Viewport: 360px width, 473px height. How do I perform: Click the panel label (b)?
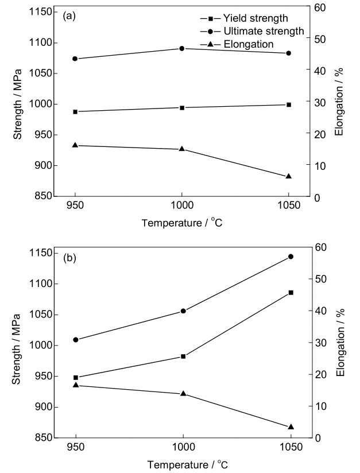(69, 258)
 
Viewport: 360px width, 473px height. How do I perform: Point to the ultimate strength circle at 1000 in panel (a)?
(182, 48)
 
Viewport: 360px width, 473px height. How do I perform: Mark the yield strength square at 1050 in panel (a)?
(289, 104)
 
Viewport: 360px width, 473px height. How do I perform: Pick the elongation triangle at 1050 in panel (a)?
(289, 176)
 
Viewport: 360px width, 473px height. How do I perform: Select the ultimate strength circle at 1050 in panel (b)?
(291, 257)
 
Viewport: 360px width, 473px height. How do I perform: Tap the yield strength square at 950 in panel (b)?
(76, 378)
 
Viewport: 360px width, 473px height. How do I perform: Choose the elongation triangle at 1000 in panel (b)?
(183, 393)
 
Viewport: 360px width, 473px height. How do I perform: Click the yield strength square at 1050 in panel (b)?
(291, 293)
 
